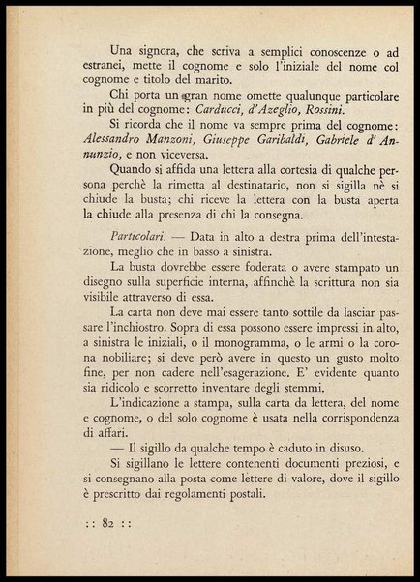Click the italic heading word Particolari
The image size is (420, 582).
[142, 238]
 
